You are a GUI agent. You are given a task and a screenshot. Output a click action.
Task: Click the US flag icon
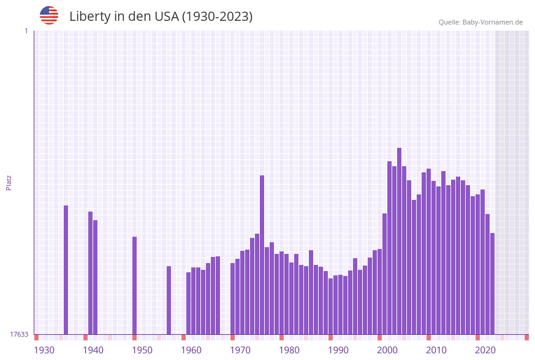49,15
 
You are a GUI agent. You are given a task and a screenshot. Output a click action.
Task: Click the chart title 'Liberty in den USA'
161,17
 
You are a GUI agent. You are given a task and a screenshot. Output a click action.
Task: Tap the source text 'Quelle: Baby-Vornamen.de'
480,22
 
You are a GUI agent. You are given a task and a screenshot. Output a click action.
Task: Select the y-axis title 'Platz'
9,182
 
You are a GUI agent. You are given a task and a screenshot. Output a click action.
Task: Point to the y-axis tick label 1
26,31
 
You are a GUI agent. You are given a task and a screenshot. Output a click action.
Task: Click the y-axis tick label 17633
19,334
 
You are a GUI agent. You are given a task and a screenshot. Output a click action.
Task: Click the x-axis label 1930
44,350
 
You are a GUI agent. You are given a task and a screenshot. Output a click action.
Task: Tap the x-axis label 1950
142,350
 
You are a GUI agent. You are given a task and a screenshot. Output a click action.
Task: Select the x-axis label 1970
240,350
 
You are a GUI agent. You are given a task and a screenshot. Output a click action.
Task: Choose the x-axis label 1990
338,350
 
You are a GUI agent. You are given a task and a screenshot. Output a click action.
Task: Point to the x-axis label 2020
485,350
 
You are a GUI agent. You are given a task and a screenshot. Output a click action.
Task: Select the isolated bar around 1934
66,270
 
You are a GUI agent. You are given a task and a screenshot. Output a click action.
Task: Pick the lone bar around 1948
134,285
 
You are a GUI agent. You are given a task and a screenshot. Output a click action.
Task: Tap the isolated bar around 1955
169,300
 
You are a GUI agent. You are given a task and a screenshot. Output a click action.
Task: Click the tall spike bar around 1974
262,255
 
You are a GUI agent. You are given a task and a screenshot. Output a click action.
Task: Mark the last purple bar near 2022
492,283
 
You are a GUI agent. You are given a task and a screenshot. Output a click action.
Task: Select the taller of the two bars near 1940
90,273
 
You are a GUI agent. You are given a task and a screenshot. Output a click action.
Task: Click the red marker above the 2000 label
379,337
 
